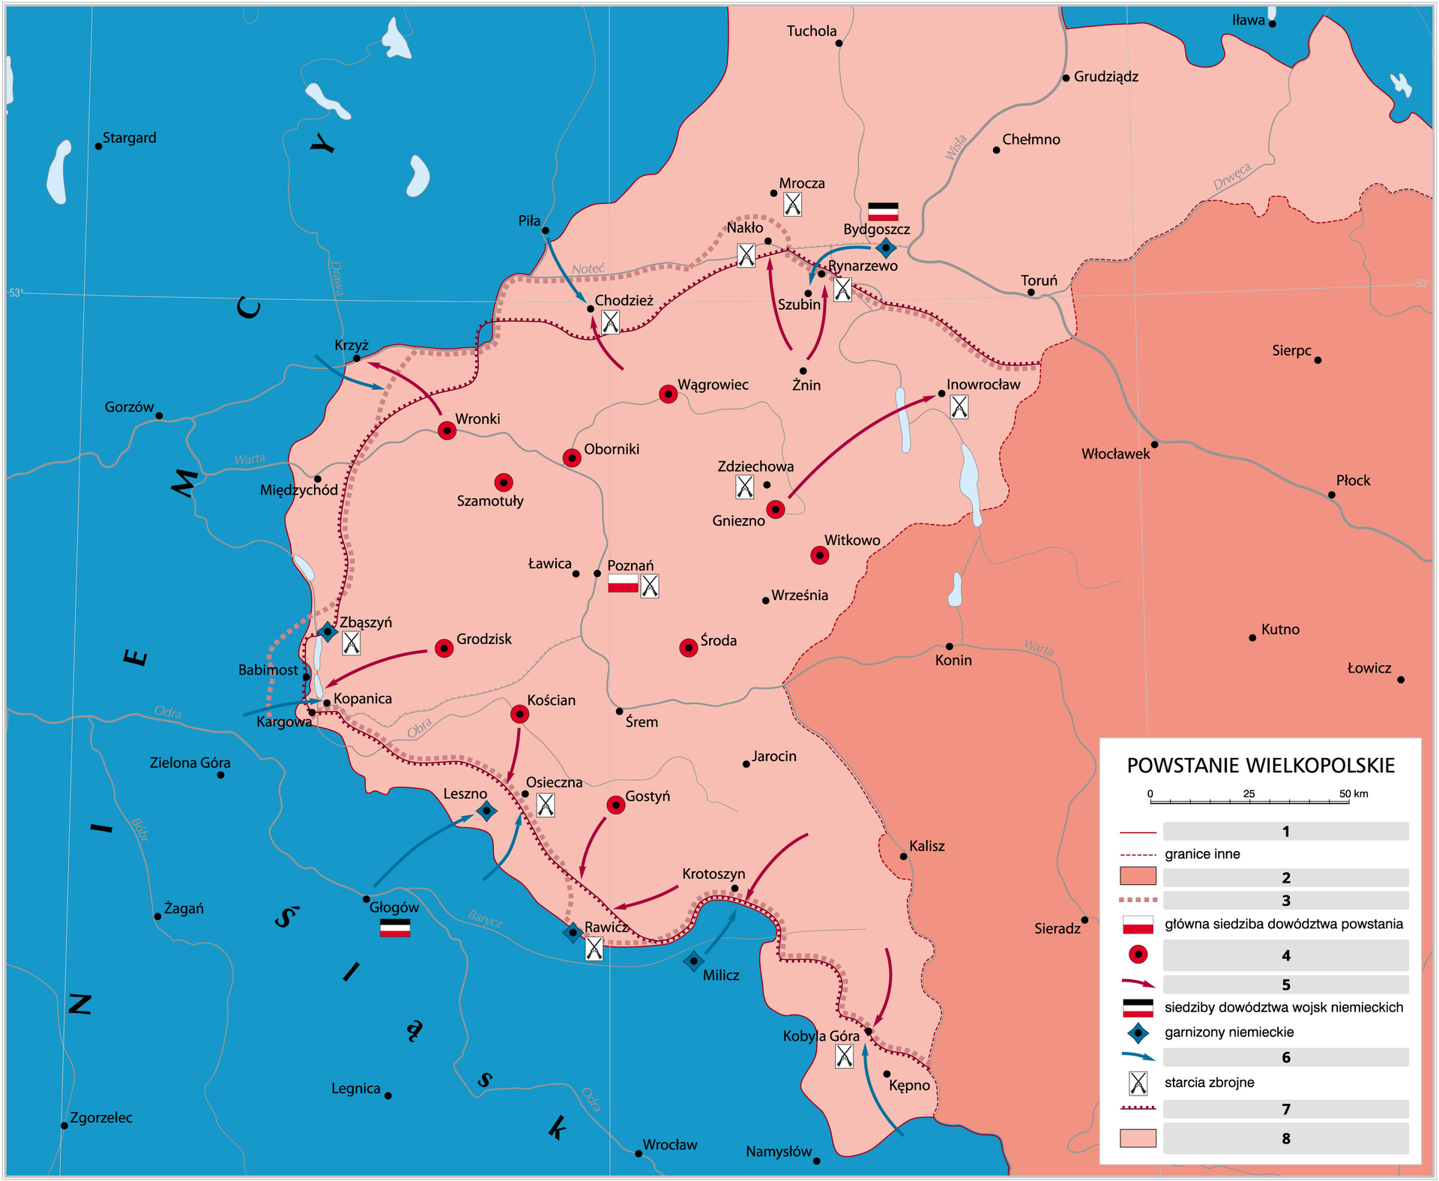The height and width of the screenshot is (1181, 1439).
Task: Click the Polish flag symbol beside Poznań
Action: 623,583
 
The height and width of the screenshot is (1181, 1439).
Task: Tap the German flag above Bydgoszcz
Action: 882,211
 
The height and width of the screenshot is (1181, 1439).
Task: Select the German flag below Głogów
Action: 395,928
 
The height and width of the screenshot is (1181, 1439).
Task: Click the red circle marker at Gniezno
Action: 776,510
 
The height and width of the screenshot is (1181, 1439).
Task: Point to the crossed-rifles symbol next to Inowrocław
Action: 959,407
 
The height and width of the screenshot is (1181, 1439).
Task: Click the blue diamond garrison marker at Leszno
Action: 486,811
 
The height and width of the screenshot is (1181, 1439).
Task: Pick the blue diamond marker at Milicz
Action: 693,961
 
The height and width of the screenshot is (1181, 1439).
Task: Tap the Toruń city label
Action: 1039,280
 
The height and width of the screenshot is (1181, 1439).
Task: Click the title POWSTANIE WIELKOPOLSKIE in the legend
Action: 1261,766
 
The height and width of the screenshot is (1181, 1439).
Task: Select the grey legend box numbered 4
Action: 1285,955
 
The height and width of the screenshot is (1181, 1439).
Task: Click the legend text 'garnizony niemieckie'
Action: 1229,1033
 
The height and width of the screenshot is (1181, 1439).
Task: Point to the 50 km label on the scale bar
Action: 1354,793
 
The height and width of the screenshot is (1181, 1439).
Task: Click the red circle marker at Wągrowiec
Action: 668,394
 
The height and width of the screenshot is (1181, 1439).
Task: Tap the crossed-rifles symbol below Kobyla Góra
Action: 844,1057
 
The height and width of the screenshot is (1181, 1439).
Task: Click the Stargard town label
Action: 129,138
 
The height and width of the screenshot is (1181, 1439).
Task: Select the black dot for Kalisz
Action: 903,856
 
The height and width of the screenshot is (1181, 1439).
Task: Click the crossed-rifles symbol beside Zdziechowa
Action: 744,487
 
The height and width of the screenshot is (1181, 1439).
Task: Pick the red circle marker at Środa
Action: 688,648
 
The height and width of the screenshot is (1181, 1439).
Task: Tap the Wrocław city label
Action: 669,1145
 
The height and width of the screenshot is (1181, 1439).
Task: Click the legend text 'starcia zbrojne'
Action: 1209,1083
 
